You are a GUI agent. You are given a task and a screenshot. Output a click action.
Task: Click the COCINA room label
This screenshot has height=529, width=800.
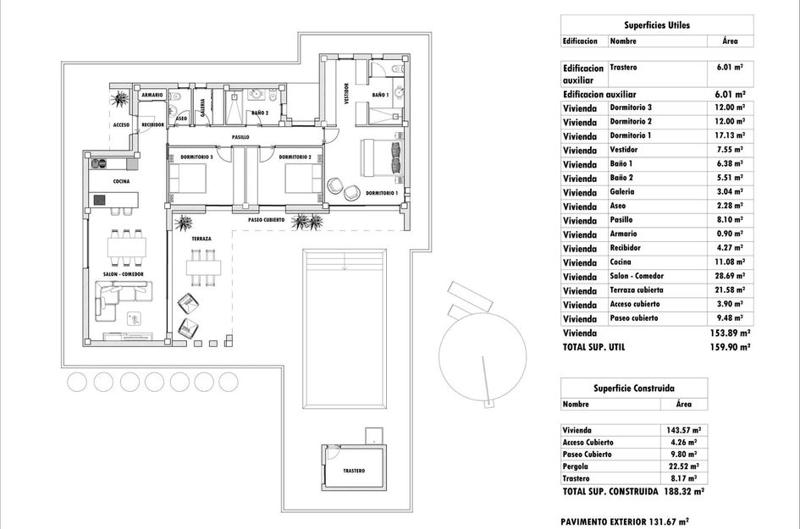click(x=121, y=181)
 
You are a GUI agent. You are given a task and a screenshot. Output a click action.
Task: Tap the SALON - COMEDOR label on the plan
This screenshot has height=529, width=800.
click(x=123, y=274)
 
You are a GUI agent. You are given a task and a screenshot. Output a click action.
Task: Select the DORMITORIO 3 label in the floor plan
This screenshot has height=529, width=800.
click(x=197, y=157)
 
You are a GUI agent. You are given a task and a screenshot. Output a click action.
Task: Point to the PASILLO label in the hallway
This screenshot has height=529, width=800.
click(x=240, y=136)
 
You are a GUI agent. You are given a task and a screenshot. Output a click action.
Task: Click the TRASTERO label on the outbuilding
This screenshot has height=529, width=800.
click(x=354, y=471)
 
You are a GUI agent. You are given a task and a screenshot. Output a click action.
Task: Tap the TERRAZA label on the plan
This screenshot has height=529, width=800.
click(x=201, y=240)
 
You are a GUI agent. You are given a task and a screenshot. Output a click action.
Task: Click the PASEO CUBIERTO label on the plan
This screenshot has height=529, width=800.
click(x=266, y=219)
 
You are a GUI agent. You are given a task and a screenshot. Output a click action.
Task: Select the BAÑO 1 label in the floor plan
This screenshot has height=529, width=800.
click(x=380, y=95)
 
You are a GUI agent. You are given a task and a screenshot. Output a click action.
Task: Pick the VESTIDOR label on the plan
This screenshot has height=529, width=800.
click(x=347, y=93)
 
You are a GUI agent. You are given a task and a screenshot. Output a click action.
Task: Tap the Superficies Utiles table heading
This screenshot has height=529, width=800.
click(x=657, y=25)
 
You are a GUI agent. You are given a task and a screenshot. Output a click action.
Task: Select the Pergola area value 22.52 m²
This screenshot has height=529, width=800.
click(x=682, y=466)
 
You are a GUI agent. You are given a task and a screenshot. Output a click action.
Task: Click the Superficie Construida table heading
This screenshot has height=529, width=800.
click(x=634, y=388)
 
